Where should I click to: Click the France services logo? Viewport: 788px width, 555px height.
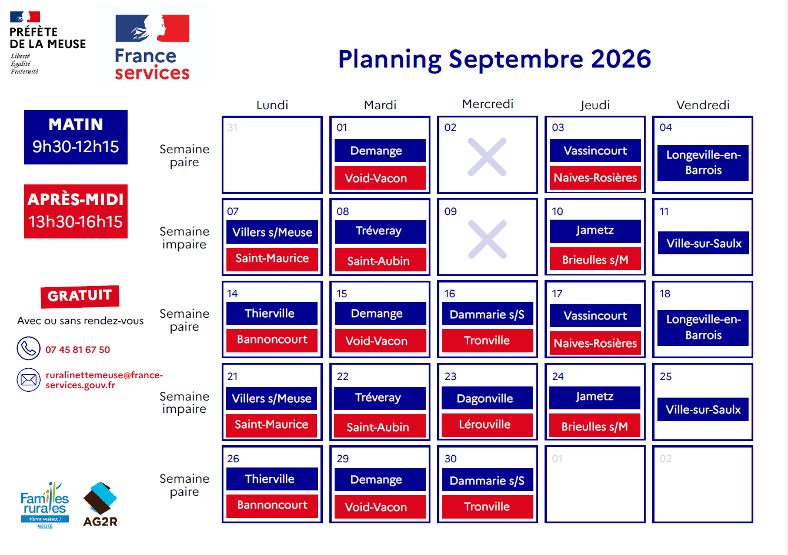(152, 47)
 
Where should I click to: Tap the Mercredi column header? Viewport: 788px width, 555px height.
(488, 104)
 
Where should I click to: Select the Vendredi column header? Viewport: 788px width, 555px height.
(703, 105)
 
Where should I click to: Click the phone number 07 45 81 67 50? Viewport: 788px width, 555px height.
(78, 349)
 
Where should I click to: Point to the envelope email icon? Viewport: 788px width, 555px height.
(28, 380)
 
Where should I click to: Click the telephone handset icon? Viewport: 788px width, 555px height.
(28, 348)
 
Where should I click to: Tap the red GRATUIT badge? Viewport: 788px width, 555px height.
(80, 296)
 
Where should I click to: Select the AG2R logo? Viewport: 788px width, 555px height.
(100, 504)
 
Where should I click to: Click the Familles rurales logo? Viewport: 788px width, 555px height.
(45, 505)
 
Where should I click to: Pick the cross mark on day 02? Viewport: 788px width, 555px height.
(488, 157)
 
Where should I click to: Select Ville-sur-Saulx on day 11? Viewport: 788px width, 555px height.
(703, 243)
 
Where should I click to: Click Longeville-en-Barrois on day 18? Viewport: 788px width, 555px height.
(703, 328)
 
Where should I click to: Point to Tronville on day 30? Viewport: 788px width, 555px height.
(488, 506)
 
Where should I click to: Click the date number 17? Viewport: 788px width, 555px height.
(557, 294)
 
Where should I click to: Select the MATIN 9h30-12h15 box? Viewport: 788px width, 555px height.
(76, 137)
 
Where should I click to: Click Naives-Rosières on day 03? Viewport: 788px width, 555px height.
(595, 178)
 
